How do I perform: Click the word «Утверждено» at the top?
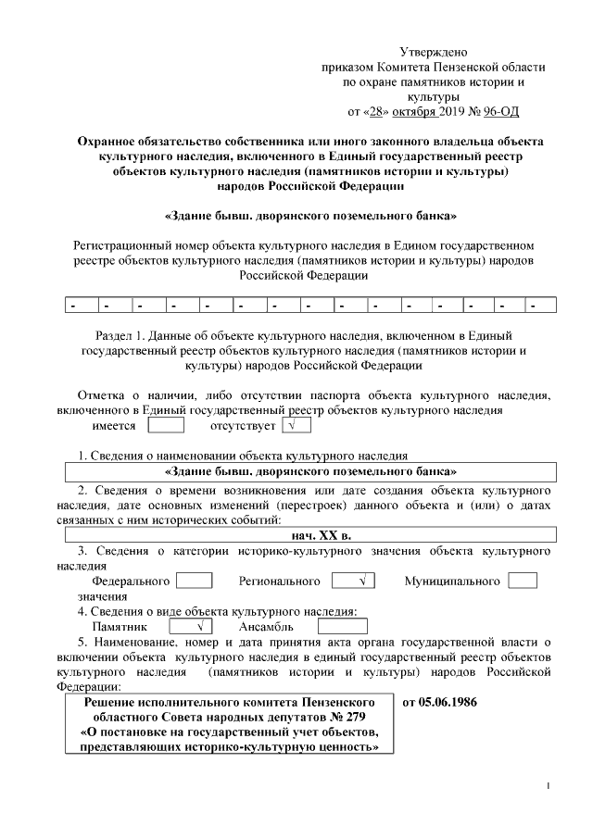coord(433,53)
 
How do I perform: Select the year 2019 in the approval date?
coord(451,112)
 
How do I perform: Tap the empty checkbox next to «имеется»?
coord(166,426)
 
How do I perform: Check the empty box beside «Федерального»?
coord(194,581)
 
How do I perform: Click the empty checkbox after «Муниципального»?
coord(523,581)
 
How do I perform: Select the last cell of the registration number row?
coord(540,305)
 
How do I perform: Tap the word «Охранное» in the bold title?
coord(114,142)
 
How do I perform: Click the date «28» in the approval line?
coord(374,112)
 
